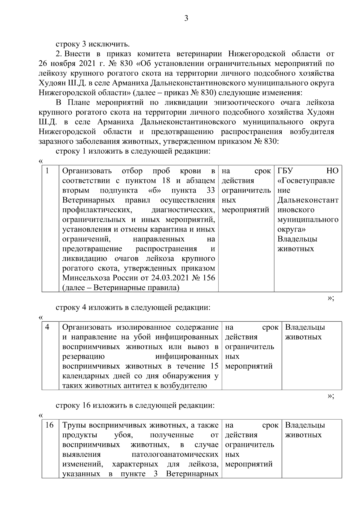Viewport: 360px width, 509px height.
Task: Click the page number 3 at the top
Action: [186, 19]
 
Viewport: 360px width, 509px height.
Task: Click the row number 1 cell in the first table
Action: [47, 171]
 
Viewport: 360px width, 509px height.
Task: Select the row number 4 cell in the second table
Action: [47, 327]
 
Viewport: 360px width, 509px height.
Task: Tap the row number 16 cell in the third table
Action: [49, 425]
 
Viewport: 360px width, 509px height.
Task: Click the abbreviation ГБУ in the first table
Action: [285, 171]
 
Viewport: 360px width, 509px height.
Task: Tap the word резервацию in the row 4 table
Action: [84, 357]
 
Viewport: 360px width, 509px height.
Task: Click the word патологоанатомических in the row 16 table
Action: [175, 454]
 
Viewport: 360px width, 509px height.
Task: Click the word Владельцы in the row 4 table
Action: [305, 327]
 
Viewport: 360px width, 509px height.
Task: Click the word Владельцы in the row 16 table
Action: [305, 425]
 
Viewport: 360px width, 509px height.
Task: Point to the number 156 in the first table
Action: [209, 278]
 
